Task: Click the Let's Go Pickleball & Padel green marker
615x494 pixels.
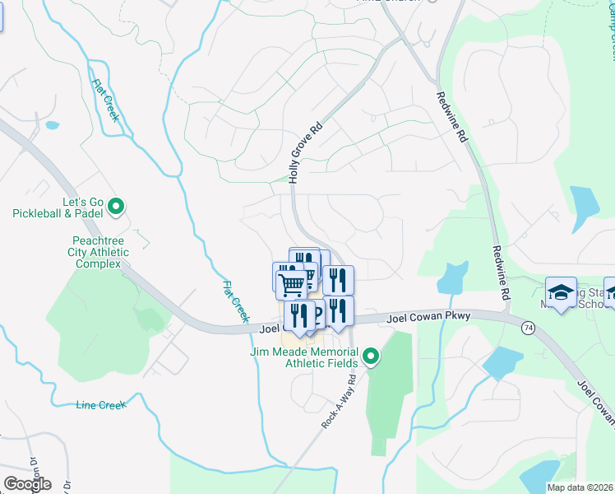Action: [x=116, y=207]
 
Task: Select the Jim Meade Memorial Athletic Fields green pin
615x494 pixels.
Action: [x=371, y=357]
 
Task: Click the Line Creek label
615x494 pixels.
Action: [x=100, y=405]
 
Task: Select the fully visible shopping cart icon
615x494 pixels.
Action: [x=292, y=285]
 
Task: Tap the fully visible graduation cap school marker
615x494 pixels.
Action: [x=561, y=293]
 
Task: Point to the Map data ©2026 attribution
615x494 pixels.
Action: [x=580, y=487]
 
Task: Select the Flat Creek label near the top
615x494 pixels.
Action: [x=105, y=100]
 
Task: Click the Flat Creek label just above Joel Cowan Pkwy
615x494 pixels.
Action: [x=234, y=301]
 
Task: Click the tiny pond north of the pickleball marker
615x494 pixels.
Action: [x=53, y=126]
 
